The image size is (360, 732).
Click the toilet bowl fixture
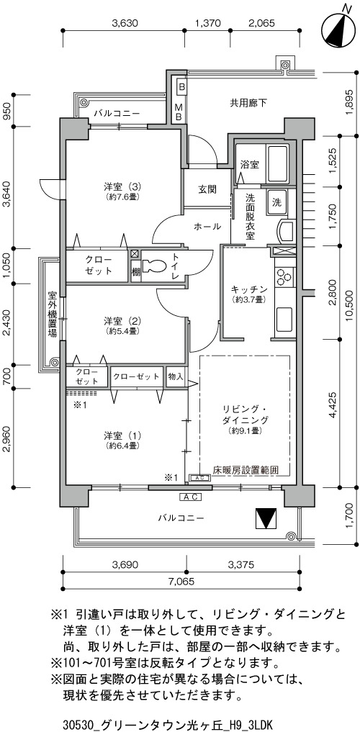(153, 266)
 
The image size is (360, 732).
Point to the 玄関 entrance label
(207, 189)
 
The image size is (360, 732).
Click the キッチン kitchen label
(248, 289)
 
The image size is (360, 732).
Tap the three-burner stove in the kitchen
(284, 277)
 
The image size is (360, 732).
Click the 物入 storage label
(176, 376)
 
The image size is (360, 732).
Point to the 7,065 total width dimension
(180, 582)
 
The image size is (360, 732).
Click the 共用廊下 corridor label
(248, 103)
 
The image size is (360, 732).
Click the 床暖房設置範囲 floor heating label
(245, 470)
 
